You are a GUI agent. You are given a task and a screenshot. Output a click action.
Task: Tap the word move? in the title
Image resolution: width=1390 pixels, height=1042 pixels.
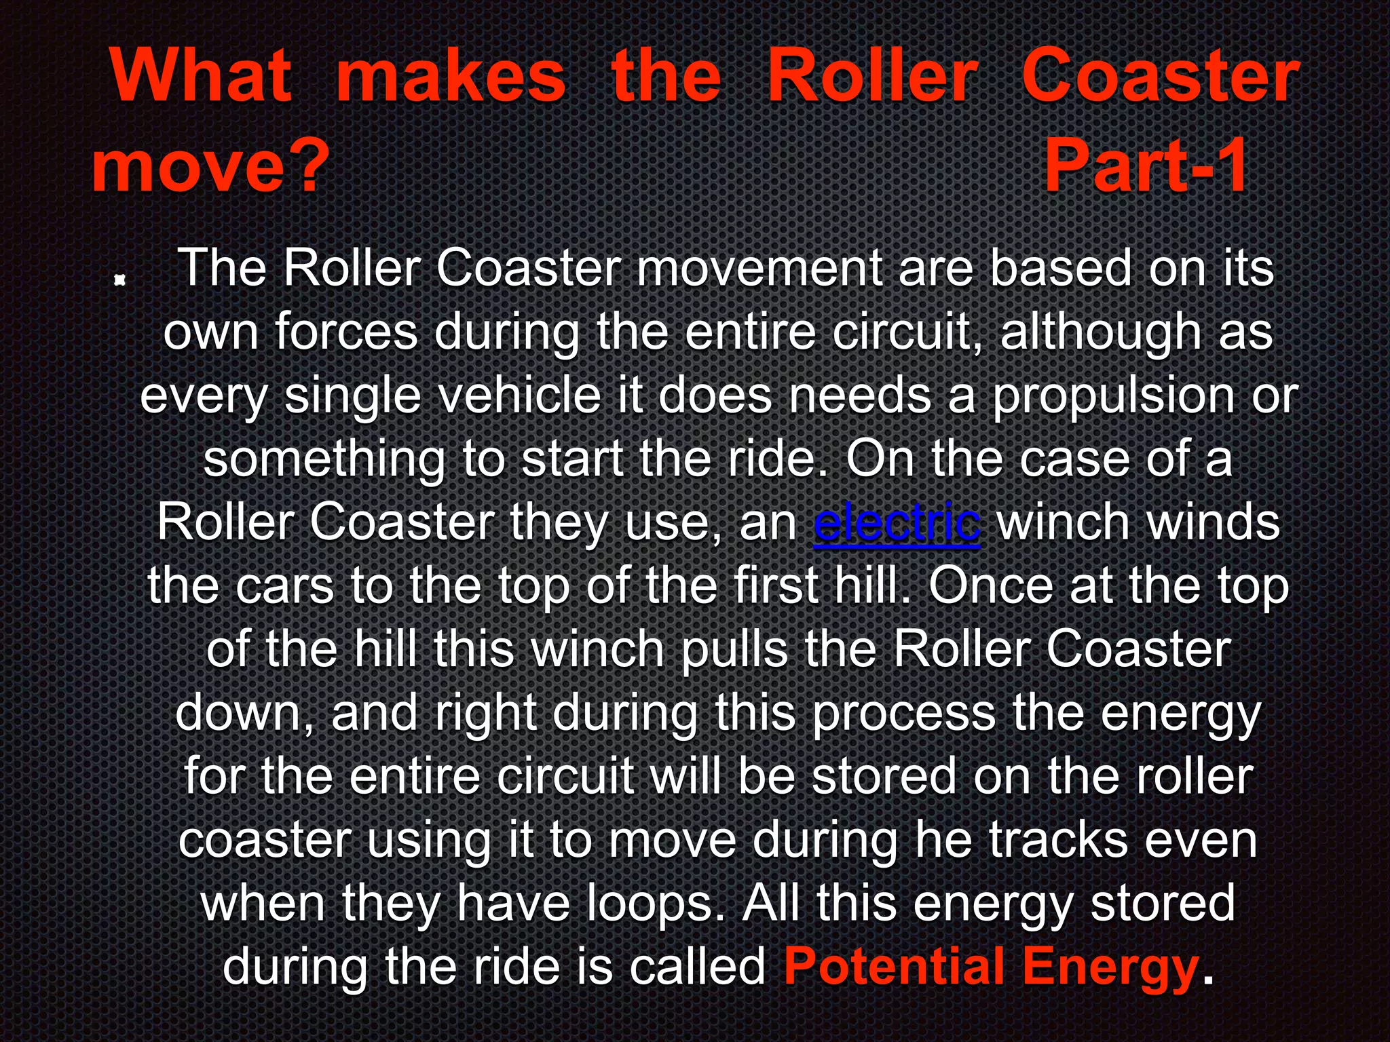coord(210,167)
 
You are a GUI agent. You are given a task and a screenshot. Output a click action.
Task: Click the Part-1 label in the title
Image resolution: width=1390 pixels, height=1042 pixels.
coord(1146,167)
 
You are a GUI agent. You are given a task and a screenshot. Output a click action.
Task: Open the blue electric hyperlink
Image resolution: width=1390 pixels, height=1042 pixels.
coord(897,524)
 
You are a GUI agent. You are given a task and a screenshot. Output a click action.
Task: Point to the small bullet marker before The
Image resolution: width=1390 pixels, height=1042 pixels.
coord(120,279)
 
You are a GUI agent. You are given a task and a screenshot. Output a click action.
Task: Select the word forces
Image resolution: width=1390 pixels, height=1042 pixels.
coord(346,332)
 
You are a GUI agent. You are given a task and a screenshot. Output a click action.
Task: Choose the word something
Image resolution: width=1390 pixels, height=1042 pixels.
coord(324,459)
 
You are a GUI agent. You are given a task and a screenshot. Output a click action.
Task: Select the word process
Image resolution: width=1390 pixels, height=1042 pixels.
coord(903,714)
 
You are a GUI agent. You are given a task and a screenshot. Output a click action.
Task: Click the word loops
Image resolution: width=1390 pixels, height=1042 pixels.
coord(654,904)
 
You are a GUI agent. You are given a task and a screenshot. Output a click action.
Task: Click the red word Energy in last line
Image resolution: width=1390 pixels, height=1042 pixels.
coord(1110,967)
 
